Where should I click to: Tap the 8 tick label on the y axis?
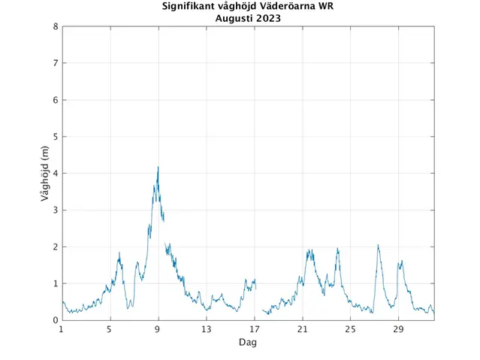click(x=56, y=27)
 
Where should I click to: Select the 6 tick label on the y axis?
click(x=56, y=100)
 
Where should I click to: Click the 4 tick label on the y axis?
click(x=56, y=174)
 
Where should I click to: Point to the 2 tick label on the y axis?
click(x=56, y=247)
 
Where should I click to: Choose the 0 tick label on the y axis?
click(x=56, y=320)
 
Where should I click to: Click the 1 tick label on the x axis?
click(x=62, y=328)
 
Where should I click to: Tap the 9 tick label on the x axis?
click(x=158, y=328)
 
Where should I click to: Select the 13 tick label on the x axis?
click(x=206, y=328)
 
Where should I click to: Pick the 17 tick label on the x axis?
click(x=255, y=328)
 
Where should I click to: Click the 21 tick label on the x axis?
click(x=303, y=328)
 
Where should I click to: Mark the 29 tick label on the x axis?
click(x=399, y=328)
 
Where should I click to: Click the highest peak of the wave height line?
click(x=158, y=168)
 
